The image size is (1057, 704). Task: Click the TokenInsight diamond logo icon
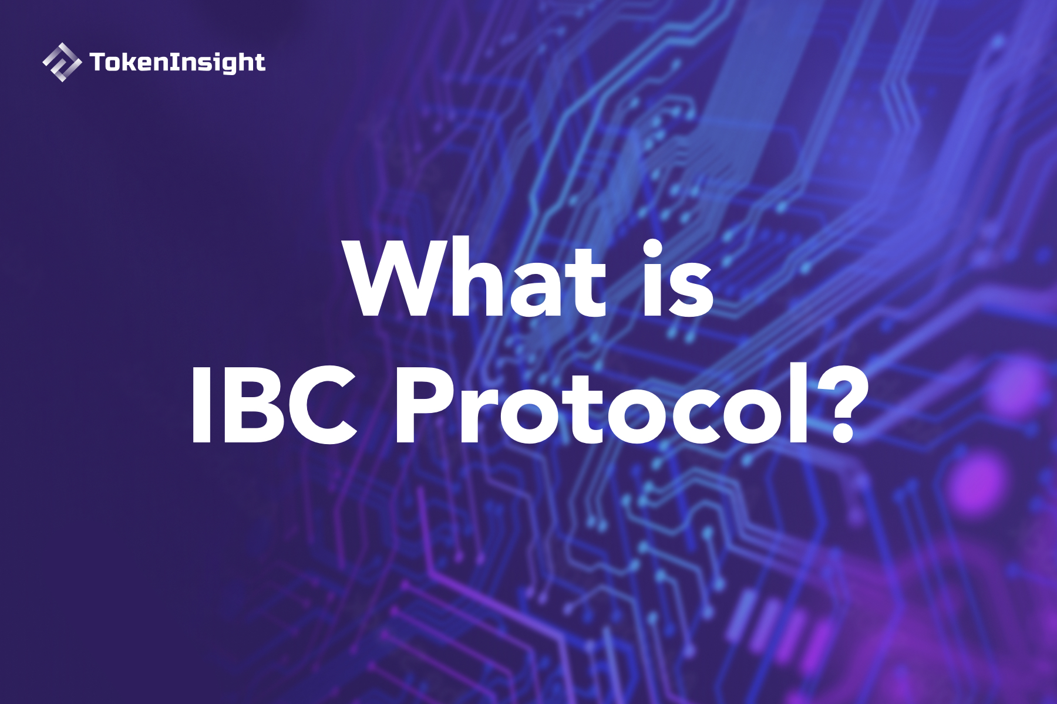(62, 62)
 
